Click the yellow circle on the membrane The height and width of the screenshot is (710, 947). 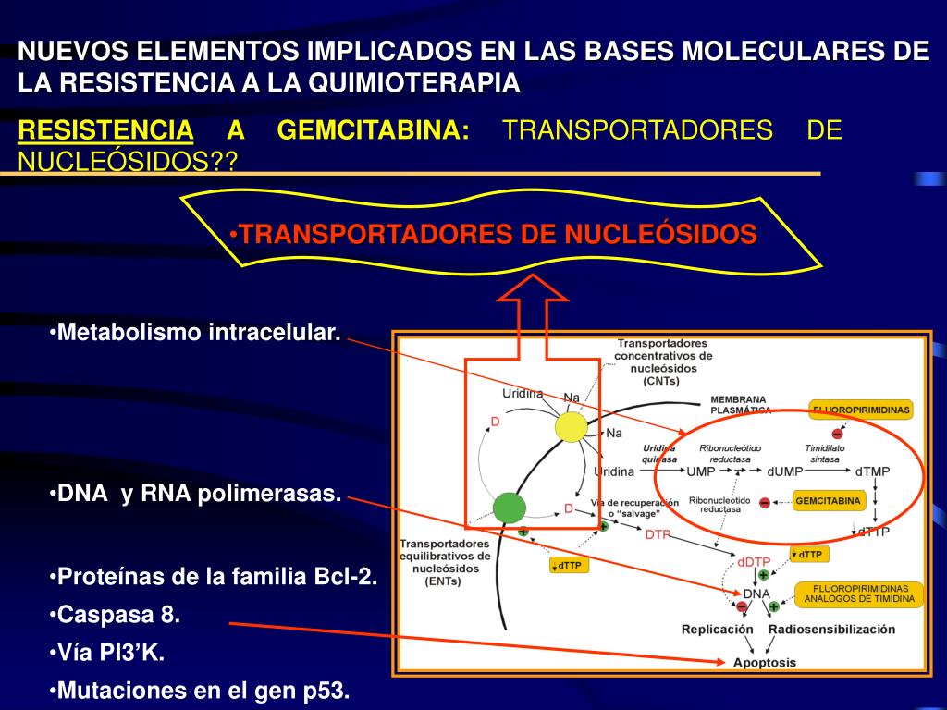tap(572, 427)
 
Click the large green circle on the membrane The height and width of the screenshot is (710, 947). tap(509, 507)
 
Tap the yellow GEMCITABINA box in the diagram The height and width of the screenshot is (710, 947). tap(828, 501)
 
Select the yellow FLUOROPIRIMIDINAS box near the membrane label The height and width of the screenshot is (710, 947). tap(861, 409)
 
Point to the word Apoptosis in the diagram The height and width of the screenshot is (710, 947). tap(764, 662)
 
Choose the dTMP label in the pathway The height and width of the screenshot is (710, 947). tap(872, 471)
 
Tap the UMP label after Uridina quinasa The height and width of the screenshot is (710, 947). tap(700, 471)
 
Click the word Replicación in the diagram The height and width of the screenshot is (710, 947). tap(718, 630)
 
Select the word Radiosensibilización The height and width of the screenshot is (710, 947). tap(831, 630)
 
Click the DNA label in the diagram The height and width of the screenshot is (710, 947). tap(756, 593)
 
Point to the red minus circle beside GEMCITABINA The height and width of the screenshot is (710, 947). tap(765, 502)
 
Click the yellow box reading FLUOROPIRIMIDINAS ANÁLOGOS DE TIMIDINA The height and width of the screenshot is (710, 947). tap(860, 594)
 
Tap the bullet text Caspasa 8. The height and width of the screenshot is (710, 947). tap(118, 615)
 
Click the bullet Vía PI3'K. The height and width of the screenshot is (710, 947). tap(109, 653)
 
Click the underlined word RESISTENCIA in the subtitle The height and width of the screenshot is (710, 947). tap(106, 130)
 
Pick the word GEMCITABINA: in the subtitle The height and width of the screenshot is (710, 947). tap(373, 130)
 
